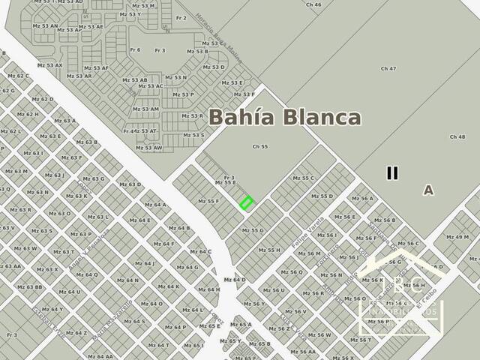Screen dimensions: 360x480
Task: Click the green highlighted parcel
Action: pyautogui.click(x=246, y=202)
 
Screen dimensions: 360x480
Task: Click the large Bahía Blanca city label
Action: pyautogui.click(x=285, y=118)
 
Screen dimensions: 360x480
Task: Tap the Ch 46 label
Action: pyautogui.click(x=313, y=4)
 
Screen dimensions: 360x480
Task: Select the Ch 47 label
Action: pyautogui.click(x=388, y=69)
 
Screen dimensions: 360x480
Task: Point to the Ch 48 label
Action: pyautogui.click(x=457, y=137)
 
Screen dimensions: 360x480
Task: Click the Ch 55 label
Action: pyautogui.click(x=259, y=147)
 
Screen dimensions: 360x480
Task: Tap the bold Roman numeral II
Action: pyautogui.click(x=391, y=173)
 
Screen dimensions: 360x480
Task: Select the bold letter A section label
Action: pyautogui.click(x=428, y=190)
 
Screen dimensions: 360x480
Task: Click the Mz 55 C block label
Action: pyautogui.click(x=303, y=178)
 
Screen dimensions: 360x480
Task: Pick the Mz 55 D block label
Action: pyautogui.click(x=322, y=196)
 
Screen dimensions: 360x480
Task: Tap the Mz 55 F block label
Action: pyautogui.click(x=208, y=201)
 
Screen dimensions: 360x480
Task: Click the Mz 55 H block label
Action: pyautogui.click(x=268, y=250)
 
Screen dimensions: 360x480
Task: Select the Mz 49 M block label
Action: pyautogui.click(x=457, y=238)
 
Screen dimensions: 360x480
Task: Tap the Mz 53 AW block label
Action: pyautogui.click(x=148, y=148)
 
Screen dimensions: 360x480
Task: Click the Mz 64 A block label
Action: pyautogui.click(x=155, y=205)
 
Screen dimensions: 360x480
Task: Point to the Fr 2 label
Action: pyautogui.click(x=181, y=17)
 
